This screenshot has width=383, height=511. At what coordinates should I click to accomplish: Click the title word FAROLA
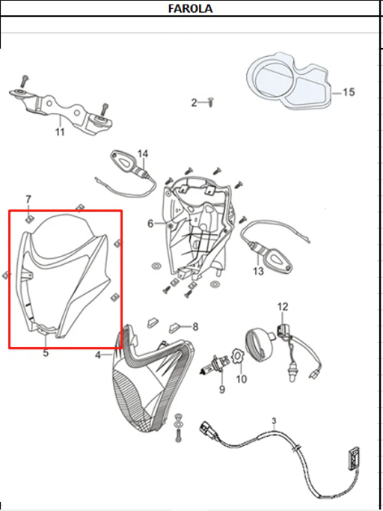tap(190, 8)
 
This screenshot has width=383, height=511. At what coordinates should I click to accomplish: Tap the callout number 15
tap(348, 92)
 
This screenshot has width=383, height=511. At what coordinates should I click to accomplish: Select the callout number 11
tap(60, 132)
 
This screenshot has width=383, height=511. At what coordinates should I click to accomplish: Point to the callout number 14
tap(142, 153)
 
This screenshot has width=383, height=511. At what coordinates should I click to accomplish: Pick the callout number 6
tap(150, 224)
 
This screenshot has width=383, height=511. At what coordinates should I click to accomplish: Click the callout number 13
tap(258, 271)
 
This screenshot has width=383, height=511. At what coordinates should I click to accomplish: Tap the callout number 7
tap(28, 199)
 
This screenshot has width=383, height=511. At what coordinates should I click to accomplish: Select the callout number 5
tap(46, 352)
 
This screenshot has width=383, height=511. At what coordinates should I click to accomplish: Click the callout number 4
tap(98, 355)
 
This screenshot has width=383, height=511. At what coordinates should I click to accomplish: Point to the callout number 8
tap(195, 326)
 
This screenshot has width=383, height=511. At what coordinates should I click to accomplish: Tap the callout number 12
tap(283, 307)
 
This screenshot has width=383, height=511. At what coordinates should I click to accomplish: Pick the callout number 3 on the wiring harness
tap(274, 420)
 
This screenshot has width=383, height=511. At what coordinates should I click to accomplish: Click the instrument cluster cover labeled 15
tap(289, 80)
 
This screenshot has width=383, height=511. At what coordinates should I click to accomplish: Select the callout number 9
tap(222, 390)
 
